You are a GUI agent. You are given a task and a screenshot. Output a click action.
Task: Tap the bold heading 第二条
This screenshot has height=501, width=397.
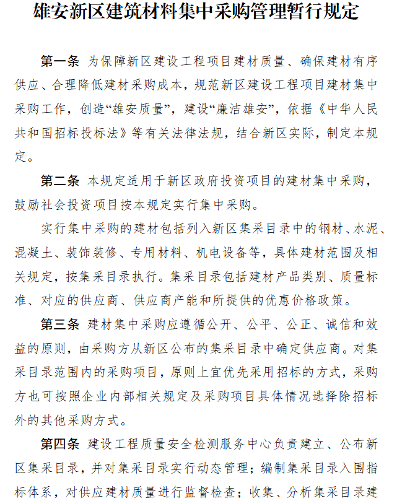(x=60, y=181)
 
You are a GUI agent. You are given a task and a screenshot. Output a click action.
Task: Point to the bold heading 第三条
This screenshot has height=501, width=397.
(x=60, y=325)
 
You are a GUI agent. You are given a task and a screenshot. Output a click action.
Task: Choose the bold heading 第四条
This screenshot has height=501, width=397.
(x=60, y=445)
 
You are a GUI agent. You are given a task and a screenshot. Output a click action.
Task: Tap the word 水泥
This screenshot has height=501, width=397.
(x=367, y=229)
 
